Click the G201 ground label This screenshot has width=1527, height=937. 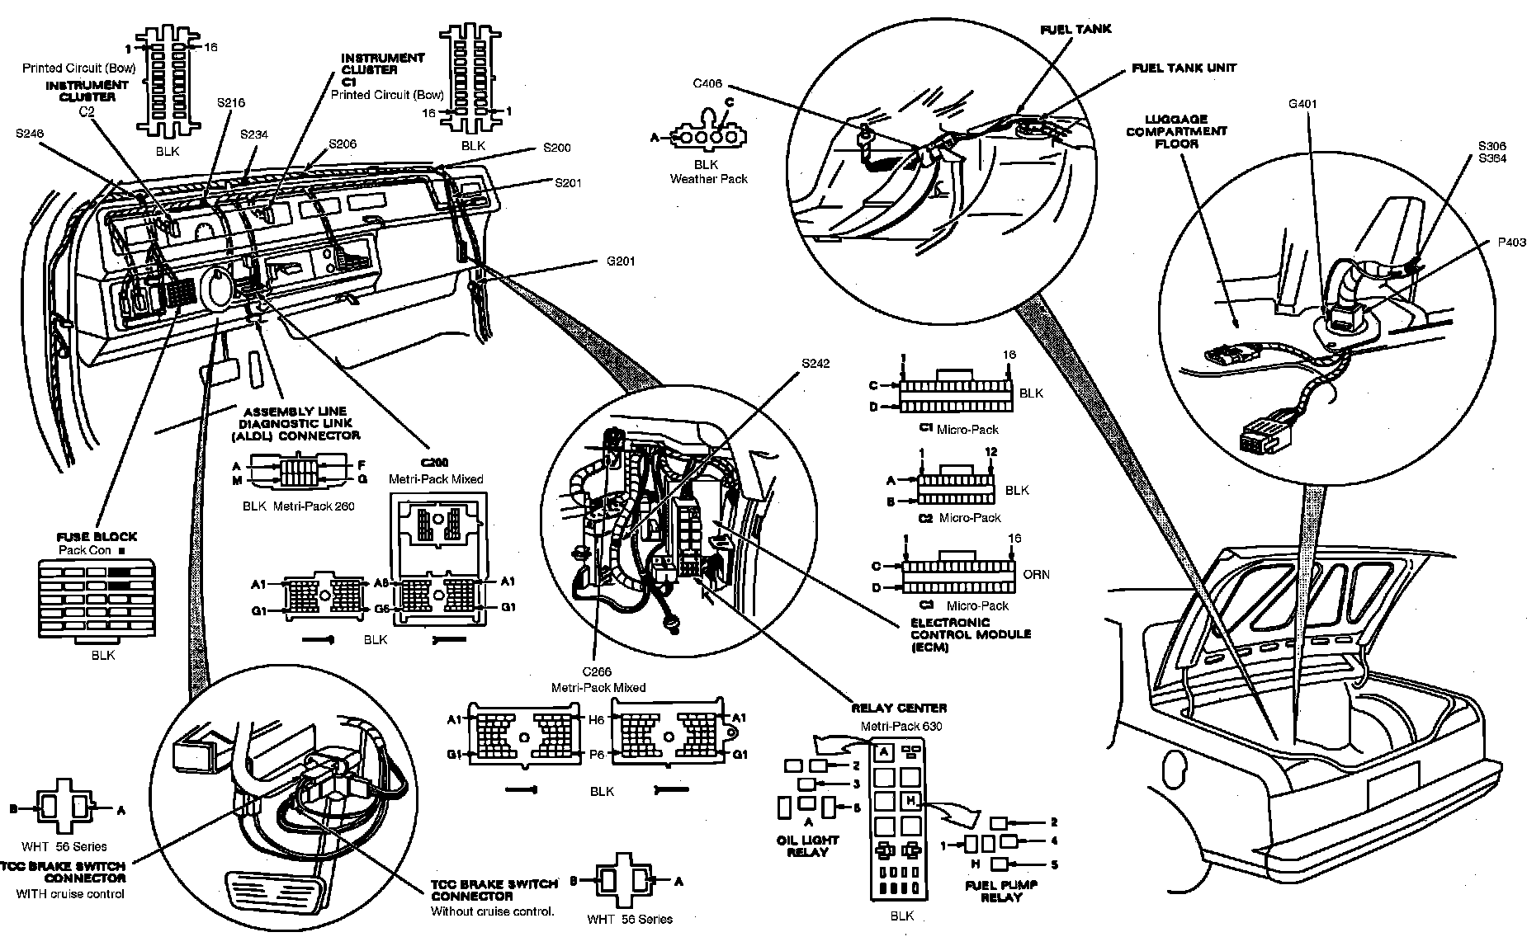(x=621, y=262)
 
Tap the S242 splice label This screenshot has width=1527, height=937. (x=815, y=363)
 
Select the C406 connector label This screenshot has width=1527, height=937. (x=708, y=82)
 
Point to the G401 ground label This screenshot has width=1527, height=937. (x=1302, y=105)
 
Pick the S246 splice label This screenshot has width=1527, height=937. (x=30, y=132)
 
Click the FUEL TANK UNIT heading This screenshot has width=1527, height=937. (x=1184, y=68)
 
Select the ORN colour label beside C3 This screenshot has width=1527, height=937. (x=1037, y=574)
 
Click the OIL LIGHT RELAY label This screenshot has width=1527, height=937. (x=807, y=845)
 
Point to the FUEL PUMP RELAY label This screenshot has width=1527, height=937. (x=1000, y=891)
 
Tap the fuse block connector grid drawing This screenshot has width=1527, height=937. (x=97, y=600)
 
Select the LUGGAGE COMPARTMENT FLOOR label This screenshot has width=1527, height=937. (x=1176, y=131)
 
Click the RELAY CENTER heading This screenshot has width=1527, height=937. (x=899, y=708)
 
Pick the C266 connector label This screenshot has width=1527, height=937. (x=596, y=672)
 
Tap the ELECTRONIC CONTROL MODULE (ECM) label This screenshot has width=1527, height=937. (x=971, y=634)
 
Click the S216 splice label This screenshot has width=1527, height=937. (x=230, y=103)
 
